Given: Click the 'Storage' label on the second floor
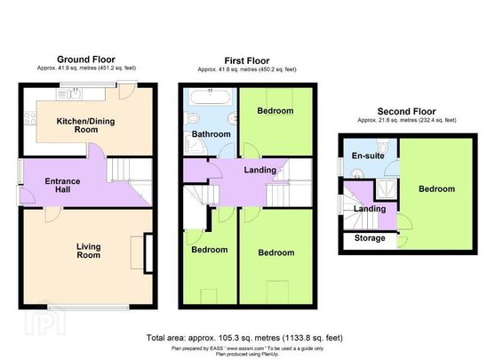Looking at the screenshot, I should [x=371, y=238].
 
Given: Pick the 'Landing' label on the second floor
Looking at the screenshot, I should [x=369, y=209].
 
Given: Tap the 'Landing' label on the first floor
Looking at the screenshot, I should [x=259, y=171].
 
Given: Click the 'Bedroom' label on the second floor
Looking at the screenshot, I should [x=436, y=188].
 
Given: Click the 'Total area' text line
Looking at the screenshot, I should [x=244, y=338].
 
